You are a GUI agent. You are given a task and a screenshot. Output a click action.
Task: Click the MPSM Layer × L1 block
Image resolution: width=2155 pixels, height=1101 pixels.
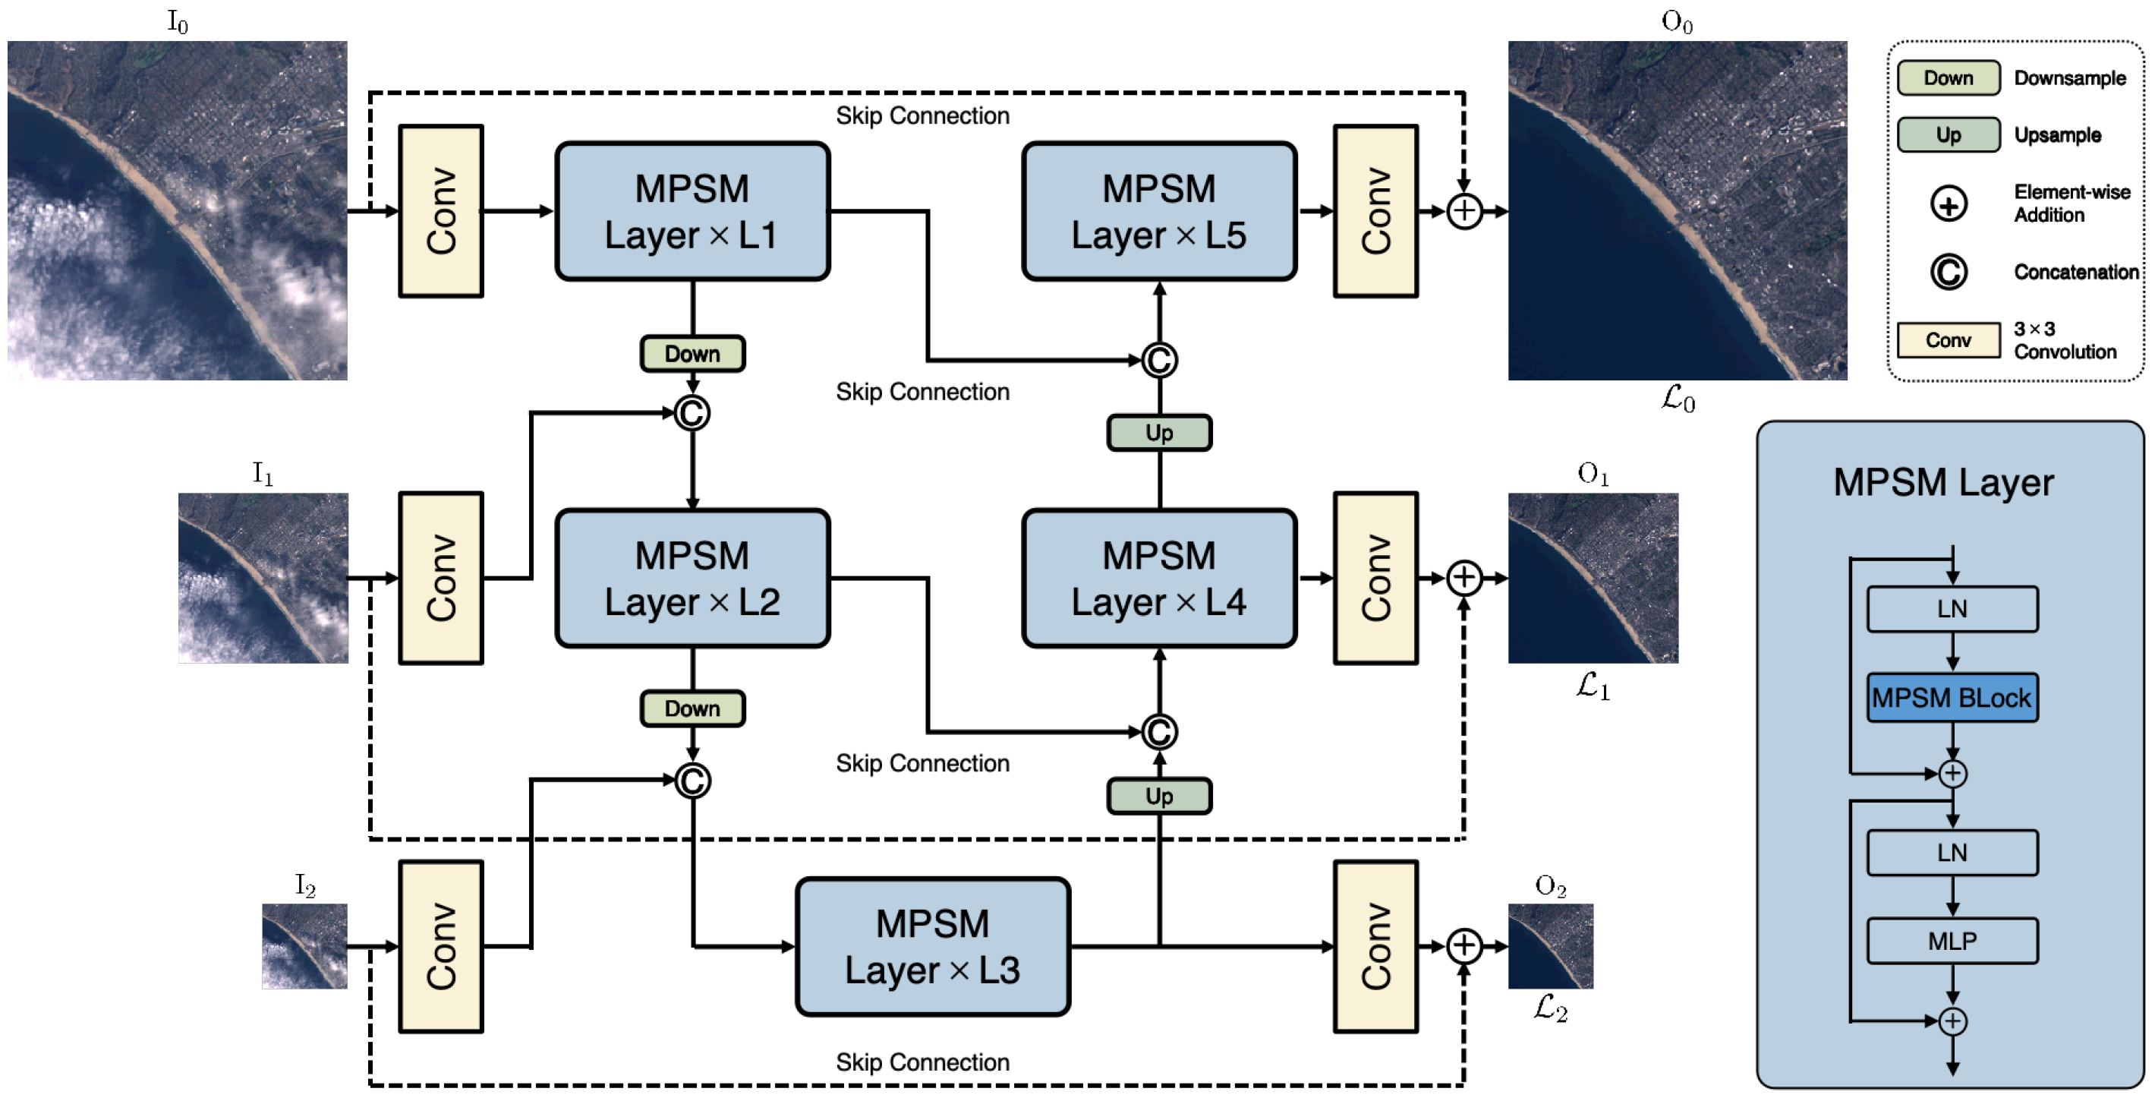pos(692,211)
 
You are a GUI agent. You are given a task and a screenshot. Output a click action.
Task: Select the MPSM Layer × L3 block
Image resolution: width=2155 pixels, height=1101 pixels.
pos(932,946)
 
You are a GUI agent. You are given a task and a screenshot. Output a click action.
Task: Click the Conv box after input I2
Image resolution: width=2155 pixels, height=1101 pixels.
pos(441,946)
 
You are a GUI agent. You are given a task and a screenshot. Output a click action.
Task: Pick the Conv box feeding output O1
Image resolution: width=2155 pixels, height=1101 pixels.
pos(1375,578)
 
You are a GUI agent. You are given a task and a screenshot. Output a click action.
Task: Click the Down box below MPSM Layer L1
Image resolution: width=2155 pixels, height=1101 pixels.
pos(692,354)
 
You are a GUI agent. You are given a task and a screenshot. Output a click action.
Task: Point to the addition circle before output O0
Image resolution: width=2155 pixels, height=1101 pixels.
pos(1464,211)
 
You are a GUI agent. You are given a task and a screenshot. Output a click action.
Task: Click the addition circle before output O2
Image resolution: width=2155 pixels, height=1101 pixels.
pos(1464,946)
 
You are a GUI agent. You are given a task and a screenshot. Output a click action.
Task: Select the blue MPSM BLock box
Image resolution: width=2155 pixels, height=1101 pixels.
pos(1952,697)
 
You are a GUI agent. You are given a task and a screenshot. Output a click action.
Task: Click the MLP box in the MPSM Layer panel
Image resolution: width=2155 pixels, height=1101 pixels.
pos(1952,942)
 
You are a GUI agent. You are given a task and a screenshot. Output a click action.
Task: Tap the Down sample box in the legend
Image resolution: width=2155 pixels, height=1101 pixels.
pos(1949,77)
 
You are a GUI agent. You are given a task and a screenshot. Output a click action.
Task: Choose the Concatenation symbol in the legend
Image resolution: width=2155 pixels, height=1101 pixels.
pos(1949,272)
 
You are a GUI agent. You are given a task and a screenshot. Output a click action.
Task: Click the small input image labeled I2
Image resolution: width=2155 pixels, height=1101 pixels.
pos(304,946)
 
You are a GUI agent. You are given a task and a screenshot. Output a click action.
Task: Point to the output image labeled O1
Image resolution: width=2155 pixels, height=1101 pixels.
pos(1593,578)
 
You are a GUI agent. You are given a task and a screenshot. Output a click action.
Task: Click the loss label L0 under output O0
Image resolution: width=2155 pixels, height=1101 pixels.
pos(1678,399)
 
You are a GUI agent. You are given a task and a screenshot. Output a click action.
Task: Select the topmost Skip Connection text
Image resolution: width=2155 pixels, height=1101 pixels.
pos(923,115)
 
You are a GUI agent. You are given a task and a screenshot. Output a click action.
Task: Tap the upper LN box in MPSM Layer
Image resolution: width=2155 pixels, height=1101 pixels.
pos(1952,609)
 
